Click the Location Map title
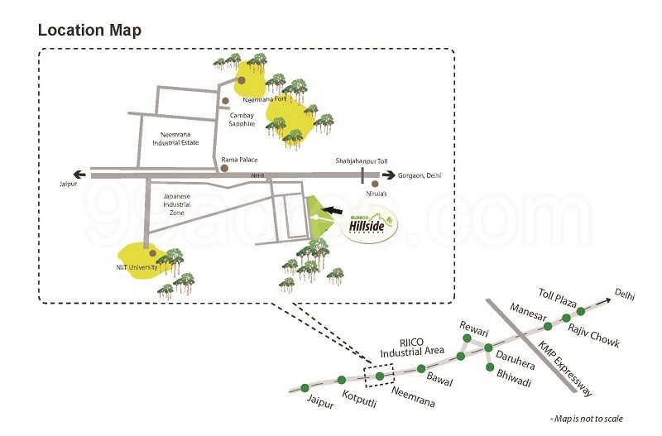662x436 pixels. (x=89, y=31)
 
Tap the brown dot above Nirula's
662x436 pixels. (x=376, y=184)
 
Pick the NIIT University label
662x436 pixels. (x=137, y=266)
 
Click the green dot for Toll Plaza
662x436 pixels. (x=581, y=311)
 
